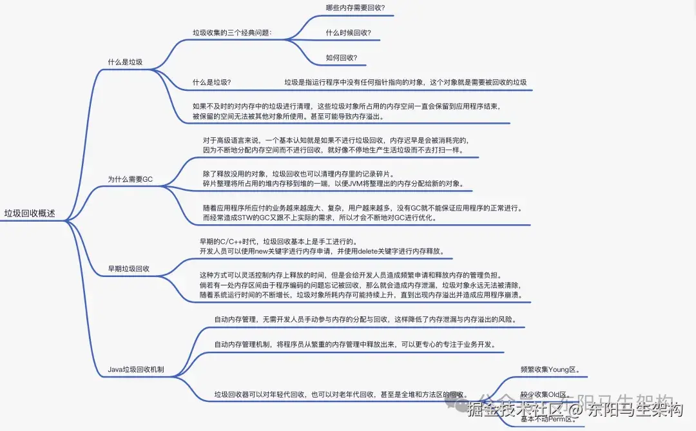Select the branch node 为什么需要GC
point(130,178)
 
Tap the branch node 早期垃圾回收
point(129,268)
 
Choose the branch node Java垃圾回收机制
point(135,370)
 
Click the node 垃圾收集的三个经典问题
point(232,32)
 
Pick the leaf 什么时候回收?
point(348,32)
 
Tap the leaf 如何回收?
point(342,57)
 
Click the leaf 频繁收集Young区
point(550,370)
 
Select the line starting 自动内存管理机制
point(354,344)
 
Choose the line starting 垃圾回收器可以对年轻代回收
point(341,394)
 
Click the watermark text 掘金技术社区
point(509,410)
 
